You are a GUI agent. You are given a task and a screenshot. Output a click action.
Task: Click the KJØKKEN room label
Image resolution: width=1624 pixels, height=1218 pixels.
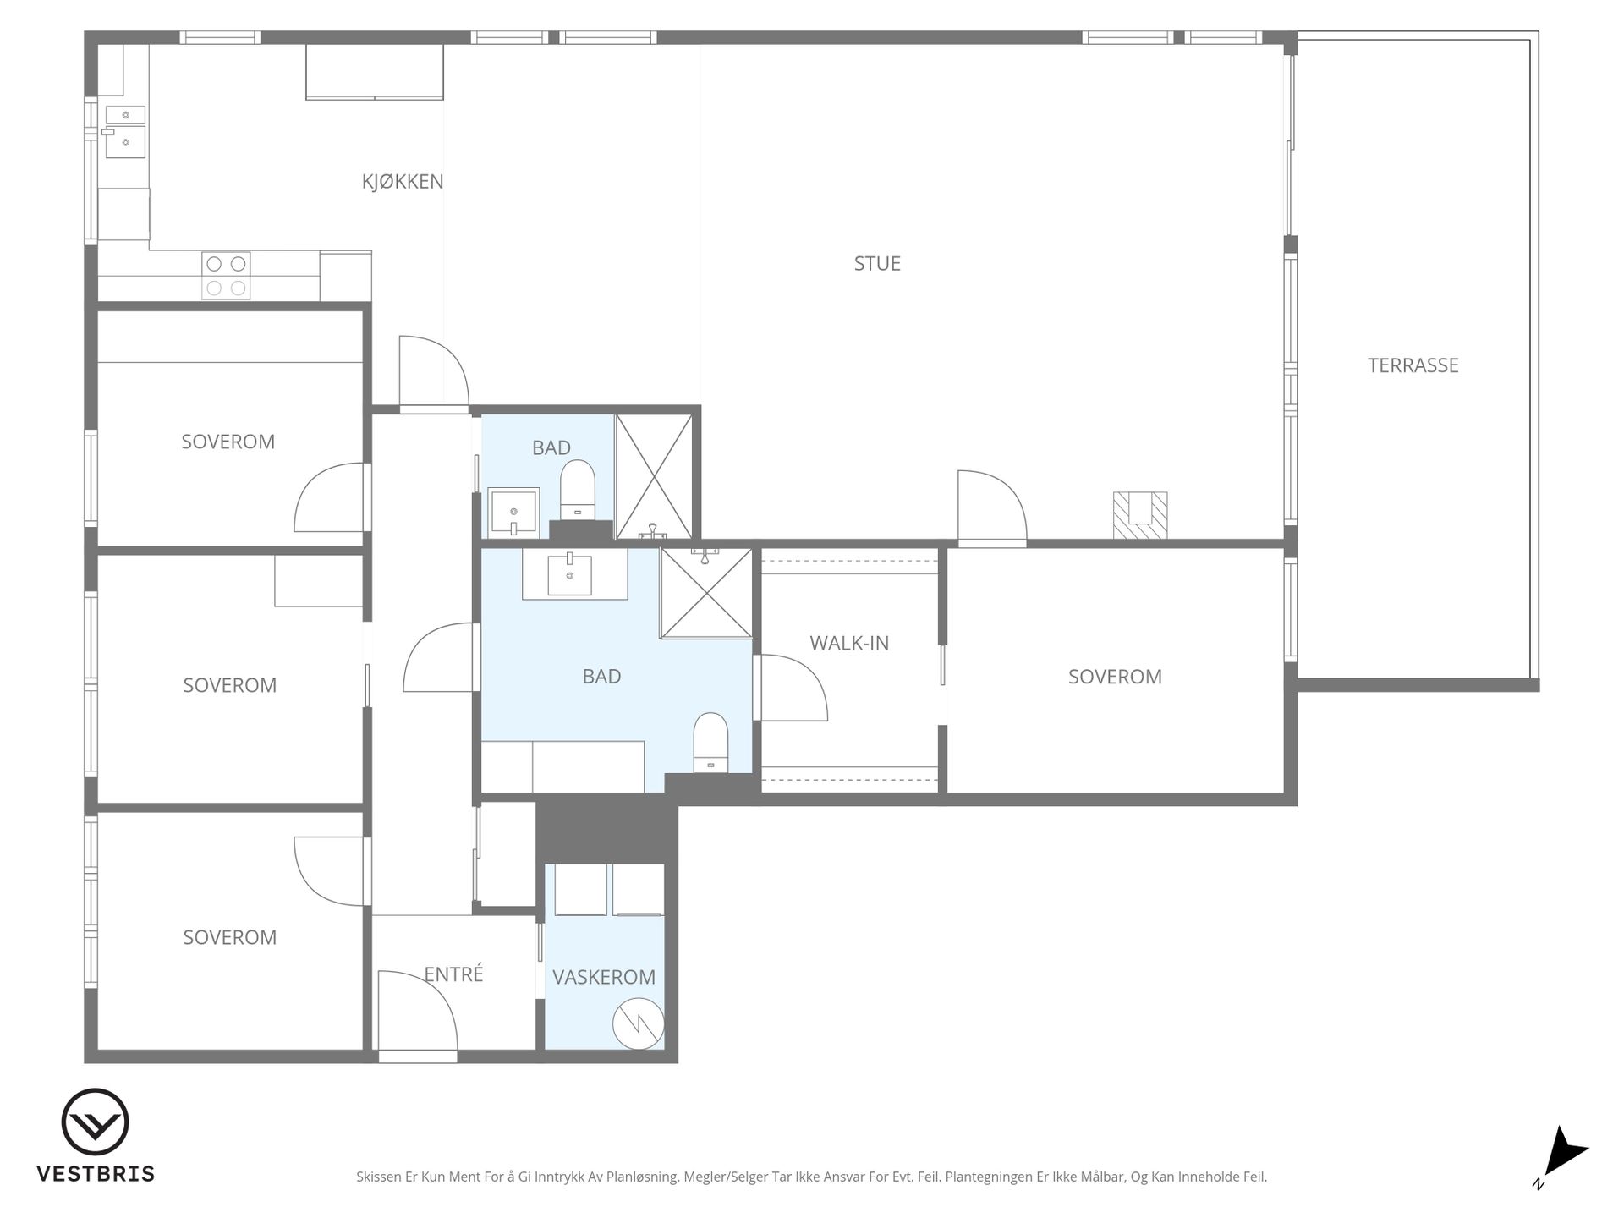403,182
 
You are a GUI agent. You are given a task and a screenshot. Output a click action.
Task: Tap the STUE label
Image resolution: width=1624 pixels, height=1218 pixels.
877,264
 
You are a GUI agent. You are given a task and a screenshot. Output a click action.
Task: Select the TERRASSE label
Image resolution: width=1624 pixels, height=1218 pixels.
1413,365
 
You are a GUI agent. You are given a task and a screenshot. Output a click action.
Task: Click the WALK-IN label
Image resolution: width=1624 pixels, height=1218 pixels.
849,643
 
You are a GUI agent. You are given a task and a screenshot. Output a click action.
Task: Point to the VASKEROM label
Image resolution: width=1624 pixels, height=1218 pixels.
604,977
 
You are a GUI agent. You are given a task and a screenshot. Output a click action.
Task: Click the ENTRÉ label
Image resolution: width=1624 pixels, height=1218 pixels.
453,974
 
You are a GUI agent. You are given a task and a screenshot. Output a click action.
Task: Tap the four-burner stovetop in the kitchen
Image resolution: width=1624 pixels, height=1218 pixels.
226,276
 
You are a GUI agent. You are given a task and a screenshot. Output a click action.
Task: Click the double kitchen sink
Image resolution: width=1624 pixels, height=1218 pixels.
124,132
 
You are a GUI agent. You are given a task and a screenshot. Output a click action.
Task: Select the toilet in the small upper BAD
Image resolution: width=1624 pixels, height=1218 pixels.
578,489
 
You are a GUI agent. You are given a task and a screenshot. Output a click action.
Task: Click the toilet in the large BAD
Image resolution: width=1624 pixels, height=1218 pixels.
710,743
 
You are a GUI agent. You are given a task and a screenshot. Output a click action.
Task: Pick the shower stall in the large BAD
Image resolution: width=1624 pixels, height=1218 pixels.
706,593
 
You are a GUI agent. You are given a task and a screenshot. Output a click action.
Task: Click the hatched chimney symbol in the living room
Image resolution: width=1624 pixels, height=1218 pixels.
1139,515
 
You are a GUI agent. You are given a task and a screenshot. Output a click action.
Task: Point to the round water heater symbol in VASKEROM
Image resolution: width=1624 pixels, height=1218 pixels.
637,1023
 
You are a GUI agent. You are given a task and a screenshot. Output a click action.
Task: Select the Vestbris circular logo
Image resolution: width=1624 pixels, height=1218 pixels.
96,1122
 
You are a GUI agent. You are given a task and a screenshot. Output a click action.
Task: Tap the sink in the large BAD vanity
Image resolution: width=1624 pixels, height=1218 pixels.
569,574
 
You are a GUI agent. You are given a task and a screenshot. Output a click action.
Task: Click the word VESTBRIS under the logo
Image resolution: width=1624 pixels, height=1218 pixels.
96,1174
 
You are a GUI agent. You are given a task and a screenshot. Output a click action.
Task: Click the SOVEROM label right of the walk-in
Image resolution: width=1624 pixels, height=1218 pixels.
1115,677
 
